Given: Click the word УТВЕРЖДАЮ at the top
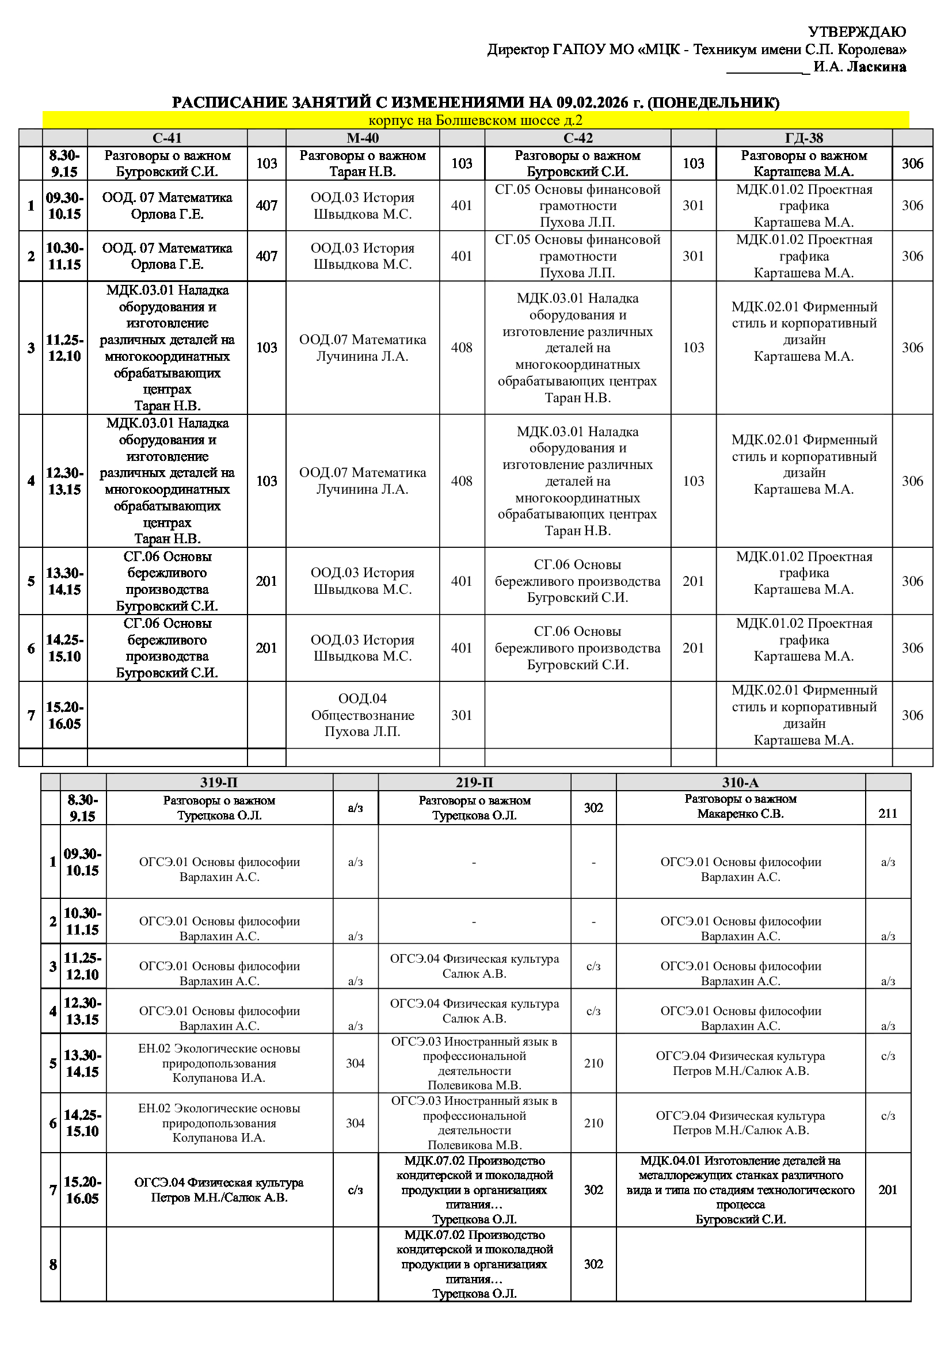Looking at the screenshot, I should point(856,32).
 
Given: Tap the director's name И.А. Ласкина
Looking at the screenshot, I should point(859,67).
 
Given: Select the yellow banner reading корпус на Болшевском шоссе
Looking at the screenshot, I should point(475,120).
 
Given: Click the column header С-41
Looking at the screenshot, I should point(167,138).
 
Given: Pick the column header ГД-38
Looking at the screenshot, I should point(804,138).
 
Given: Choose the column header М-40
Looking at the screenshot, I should point(362,138).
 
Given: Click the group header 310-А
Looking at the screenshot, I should point(740,782).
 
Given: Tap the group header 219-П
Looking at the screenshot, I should point(474,782).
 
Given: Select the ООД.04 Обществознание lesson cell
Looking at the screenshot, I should point(362,715).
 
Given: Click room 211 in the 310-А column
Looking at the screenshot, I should point(888,813).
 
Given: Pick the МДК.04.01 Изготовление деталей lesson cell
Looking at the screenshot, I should point(740,1189).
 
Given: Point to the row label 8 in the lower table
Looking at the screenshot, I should point(53,1264).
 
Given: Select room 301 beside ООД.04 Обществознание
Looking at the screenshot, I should point(462,715).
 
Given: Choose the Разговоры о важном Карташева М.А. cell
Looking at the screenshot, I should point(804,163).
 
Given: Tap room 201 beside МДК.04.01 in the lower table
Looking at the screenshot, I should point(888,1189).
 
